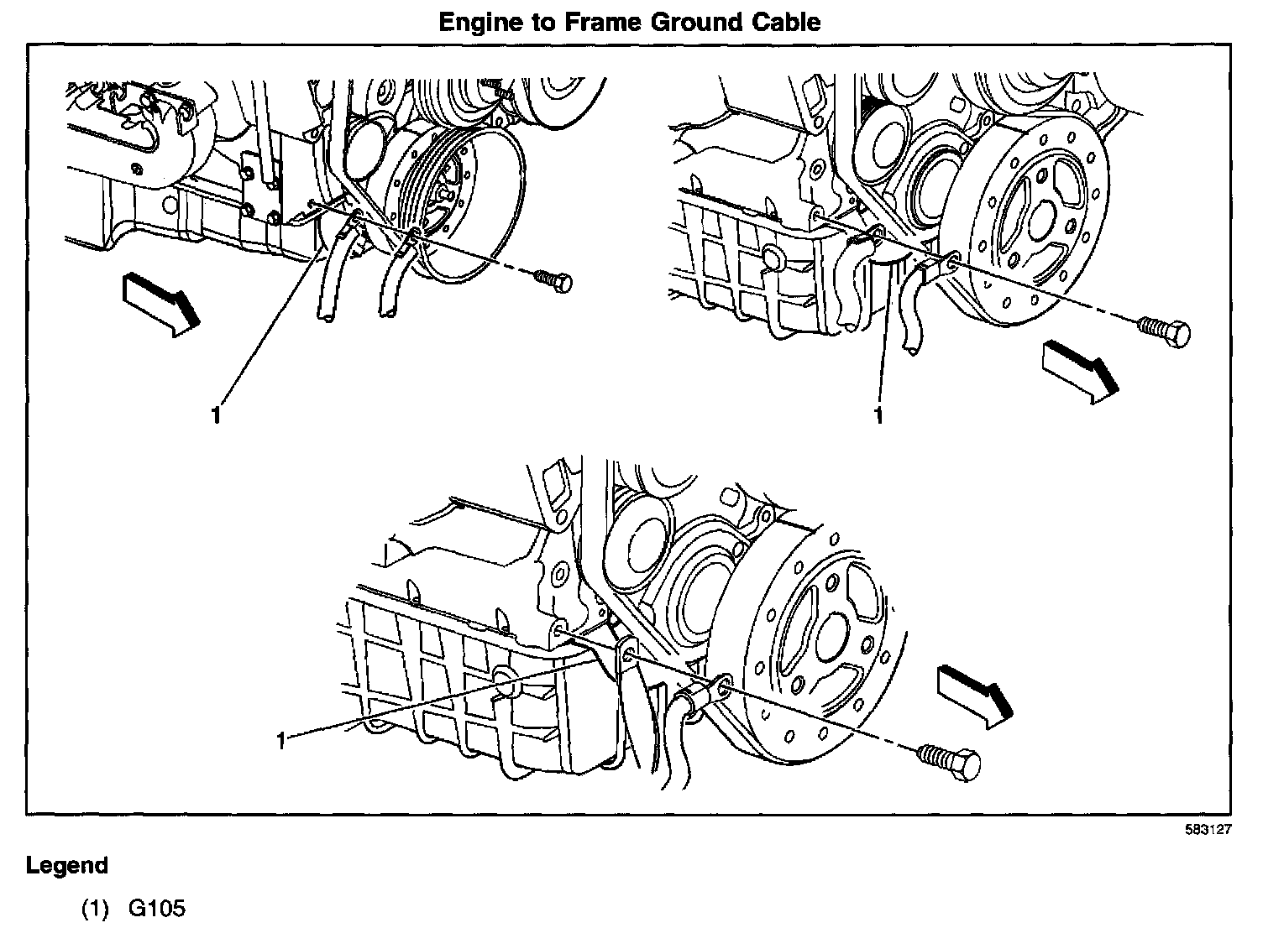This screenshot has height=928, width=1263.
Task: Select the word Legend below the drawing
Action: (67, 865)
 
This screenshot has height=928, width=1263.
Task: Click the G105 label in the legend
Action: (156, 909)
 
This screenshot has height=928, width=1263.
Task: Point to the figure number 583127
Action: (1208, 829)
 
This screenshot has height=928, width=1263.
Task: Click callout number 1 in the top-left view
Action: (217, 414)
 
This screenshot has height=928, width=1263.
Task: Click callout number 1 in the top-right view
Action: (879, 415)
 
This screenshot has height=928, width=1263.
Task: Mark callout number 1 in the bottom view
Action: (282, 739)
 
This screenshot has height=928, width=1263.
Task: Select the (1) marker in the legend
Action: (95, 909)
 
